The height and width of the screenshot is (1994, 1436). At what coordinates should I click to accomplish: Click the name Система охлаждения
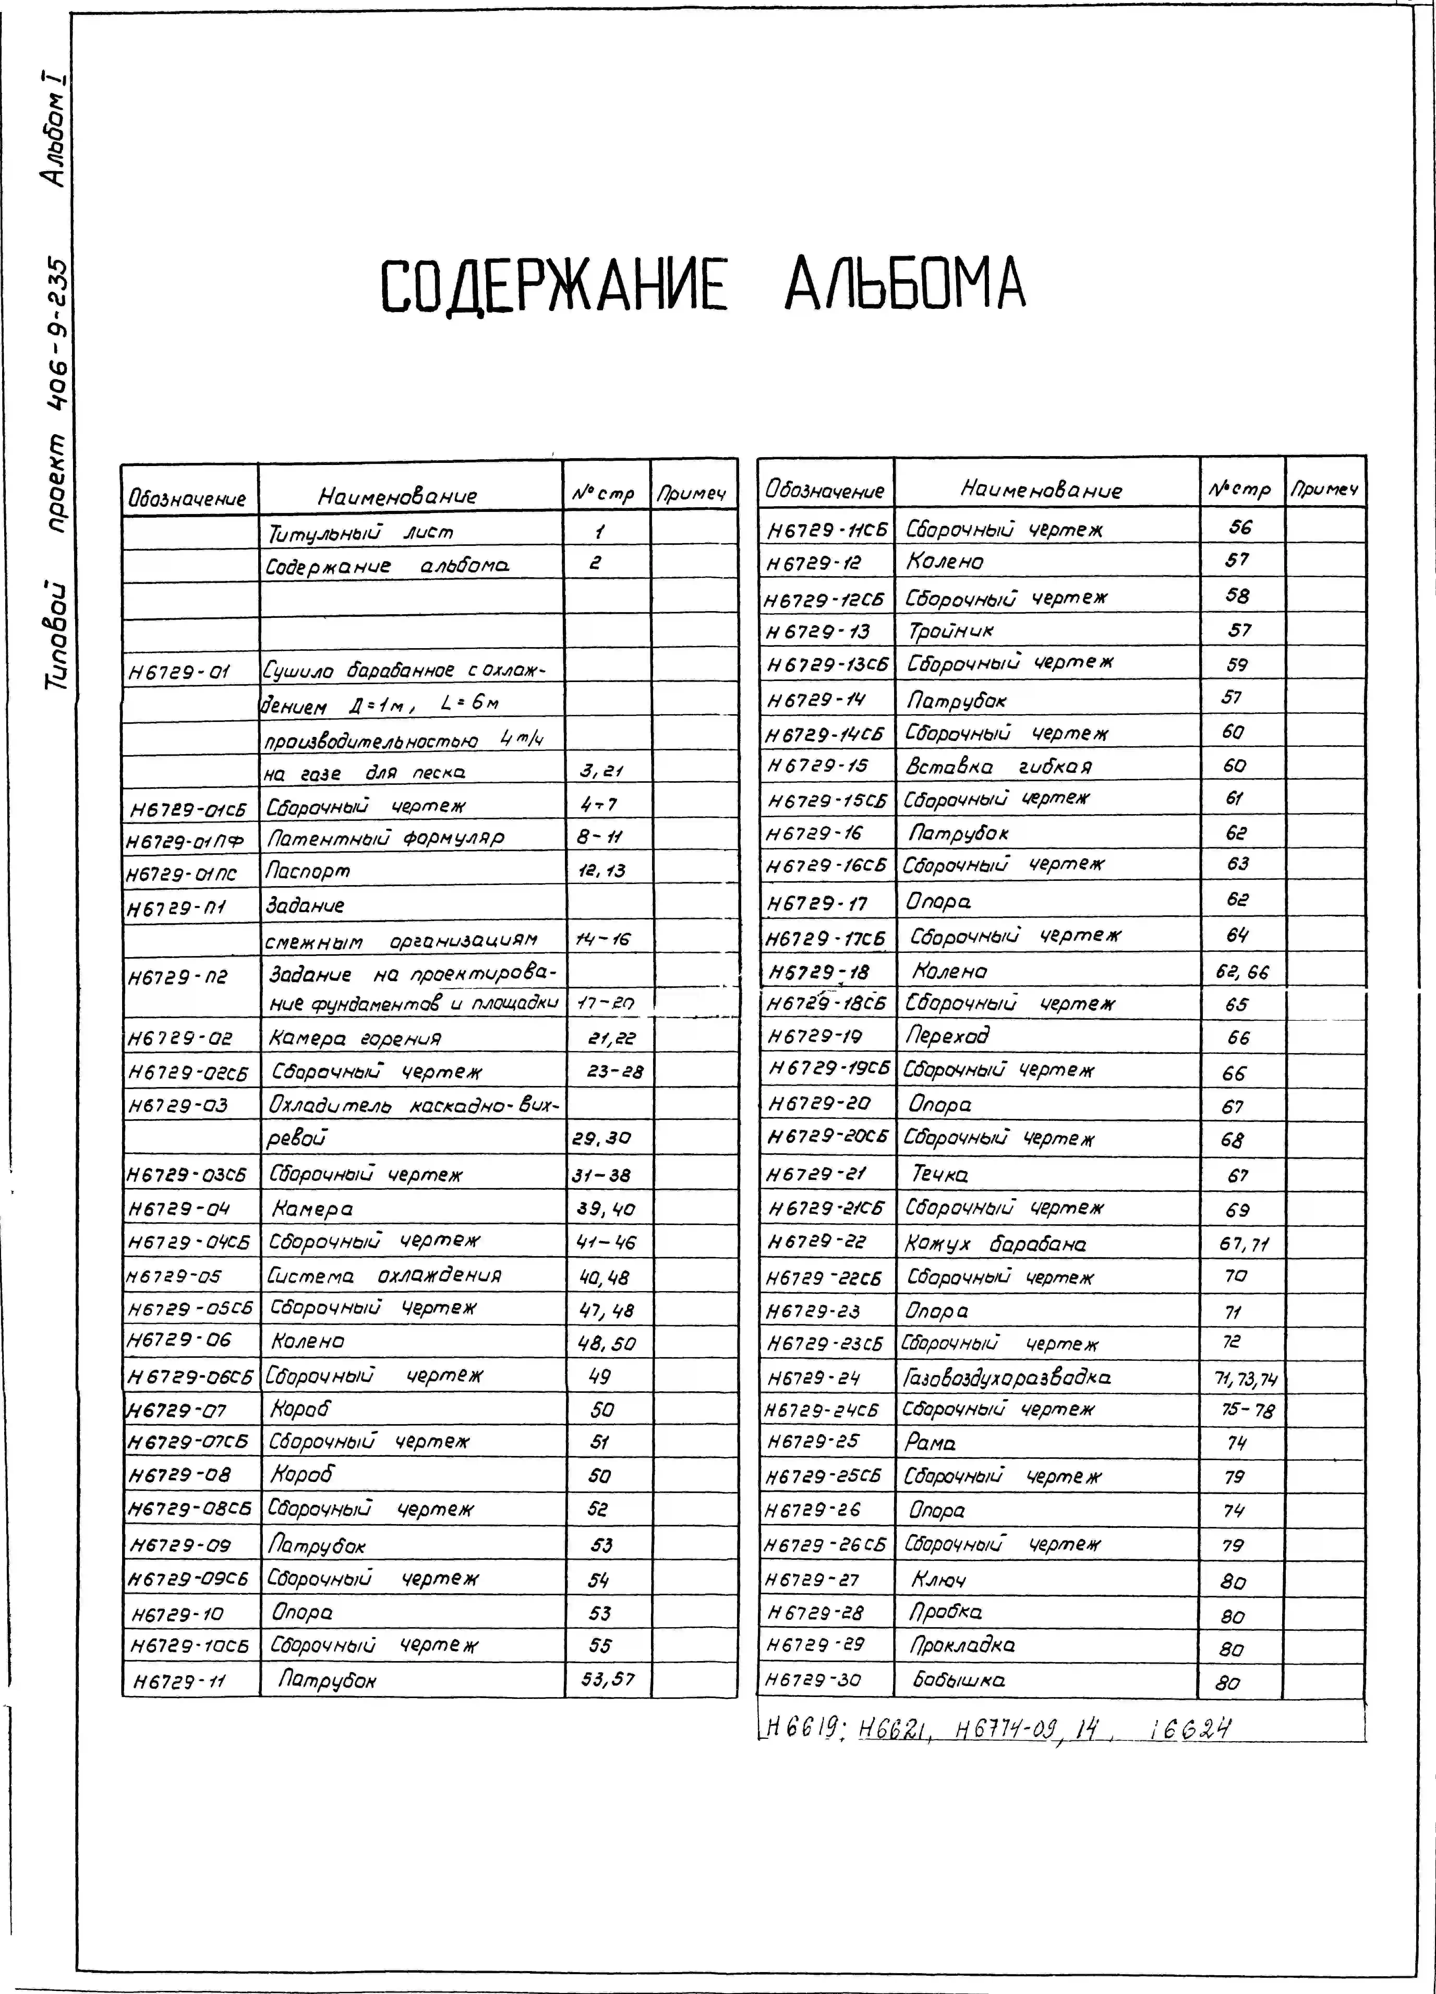coord(384,1276)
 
